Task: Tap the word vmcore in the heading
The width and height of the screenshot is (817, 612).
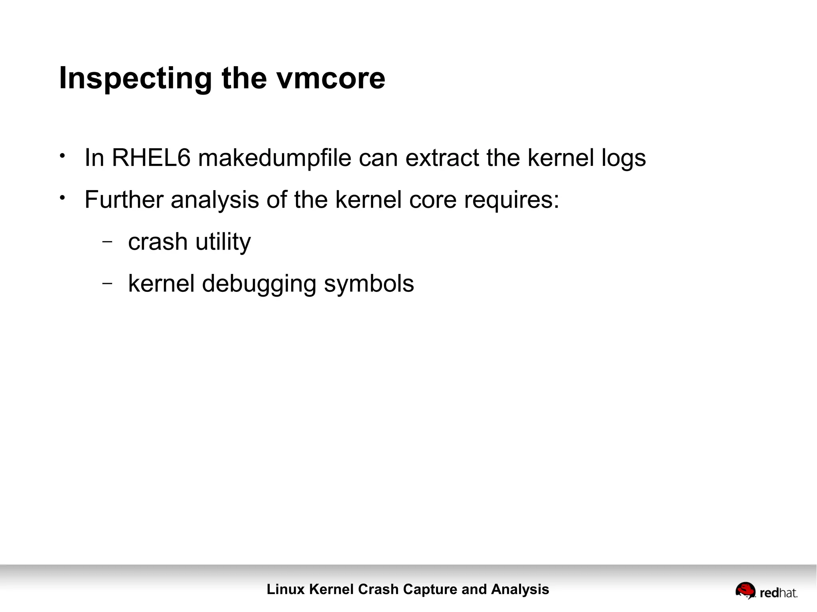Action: [331, 79]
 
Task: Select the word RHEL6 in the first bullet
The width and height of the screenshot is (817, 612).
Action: [151, 158]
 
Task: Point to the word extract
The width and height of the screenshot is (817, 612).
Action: [442, 158]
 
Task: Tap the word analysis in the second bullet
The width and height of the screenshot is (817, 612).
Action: [215, 200]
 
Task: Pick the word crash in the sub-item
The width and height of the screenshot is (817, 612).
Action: [158, 242]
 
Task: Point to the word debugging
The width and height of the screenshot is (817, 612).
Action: [259, 284]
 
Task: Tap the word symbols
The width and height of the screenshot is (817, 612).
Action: [369, 284]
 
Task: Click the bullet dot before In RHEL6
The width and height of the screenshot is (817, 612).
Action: [62, 155]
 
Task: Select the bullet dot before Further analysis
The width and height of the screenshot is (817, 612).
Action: [62, 197]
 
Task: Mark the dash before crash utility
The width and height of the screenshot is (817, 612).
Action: [107, 241]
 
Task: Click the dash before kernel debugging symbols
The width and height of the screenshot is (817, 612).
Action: [107, 283]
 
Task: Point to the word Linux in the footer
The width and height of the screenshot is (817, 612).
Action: [286, 589]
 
